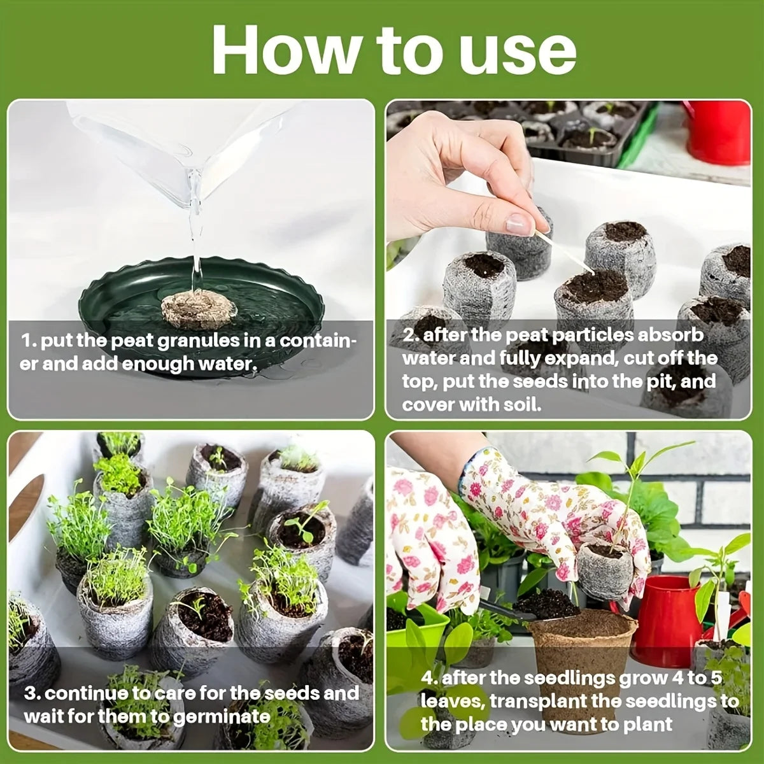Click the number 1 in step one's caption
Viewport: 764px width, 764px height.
pyautogui.click(x=26, y=341)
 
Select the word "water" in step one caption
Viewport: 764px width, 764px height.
pyautogui.click(x=228, y=364)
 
